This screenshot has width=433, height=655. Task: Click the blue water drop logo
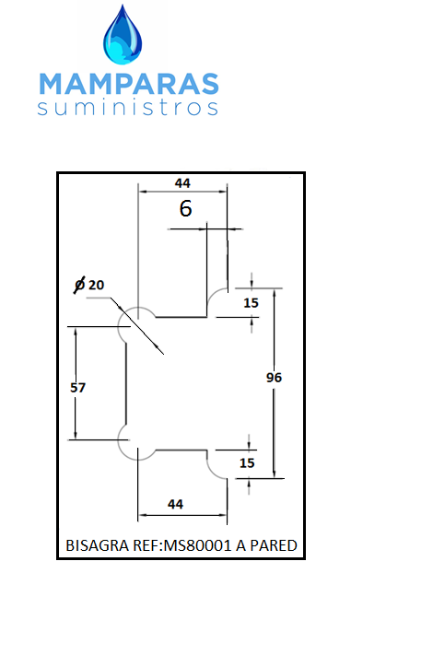pyautogui.click(x=123, y=36)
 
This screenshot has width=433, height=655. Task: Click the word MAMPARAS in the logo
pyautogui.click(x=129, y=84)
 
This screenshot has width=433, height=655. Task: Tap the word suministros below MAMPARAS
pyautogui.click(x=128, y=108)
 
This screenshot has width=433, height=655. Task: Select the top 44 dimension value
pyautogui.click(x=182, y=183)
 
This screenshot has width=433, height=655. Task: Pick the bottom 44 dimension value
pyautogui.click(x=175, y=504)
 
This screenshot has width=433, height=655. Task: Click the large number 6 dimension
pyautogui.click(x=185, y=208)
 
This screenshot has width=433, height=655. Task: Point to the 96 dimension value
pyautogui.click(x=274, y=378)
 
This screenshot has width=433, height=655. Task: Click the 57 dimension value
pyautogui.click(x=77, y=388)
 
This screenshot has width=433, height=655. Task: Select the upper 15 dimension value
pyautogui.click(x=251, y=303)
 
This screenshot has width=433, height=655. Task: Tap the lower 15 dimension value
pyautogui.click(x=247, y=462)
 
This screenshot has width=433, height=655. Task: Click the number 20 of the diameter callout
pyautogui.click(x=96, y=285)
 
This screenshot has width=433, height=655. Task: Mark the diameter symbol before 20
pyautogui.click(x=79, y=285)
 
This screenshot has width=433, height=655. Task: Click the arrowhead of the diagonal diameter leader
pyautogui.click(x=158, y=346)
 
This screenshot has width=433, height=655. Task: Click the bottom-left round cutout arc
pyautogui.click(x=124, y=452)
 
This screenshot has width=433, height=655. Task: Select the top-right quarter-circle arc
pyautogui.click(x=213, y=294)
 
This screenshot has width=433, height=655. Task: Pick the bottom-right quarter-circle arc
pyautogui.click(x=213, y=473)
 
